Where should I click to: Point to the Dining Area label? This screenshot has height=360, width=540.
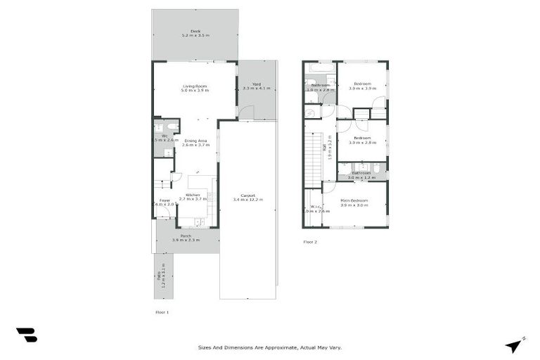(194, 141)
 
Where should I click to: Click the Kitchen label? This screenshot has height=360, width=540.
(192, 195)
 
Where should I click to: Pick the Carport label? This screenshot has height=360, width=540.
(247, 195)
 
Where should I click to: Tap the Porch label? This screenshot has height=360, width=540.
(186, 236)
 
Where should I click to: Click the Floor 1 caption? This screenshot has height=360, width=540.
(162, 311)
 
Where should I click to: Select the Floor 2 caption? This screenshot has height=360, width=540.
(310, 242)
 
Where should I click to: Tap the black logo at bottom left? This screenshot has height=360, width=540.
(26, 335)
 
